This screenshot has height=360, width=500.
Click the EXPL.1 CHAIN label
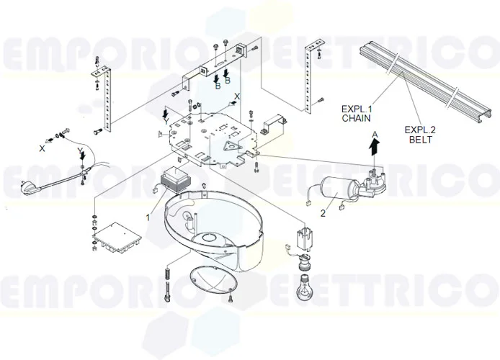(x=357, y=112)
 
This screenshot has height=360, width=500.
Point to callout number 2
(x=323, y=212)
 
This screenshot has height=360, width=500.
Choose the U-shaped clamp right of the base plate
(x=272, y=124)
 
